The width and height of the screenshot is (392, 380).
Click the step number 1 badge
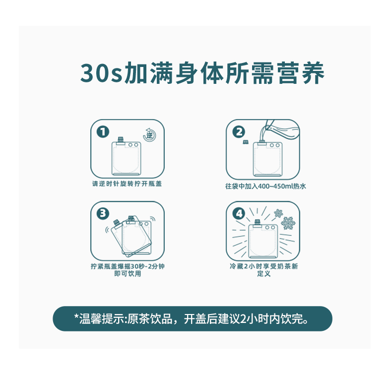(x=103, y=132)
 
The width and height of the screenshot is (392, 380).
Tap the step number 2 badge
(x=239, y=132)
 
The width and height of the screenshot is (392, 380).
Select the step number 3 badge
(x=103, y=213)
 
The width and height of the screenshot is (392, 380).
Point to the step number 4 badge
(x=239, y=213)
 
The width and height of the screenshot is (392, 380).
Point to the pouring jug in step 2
(x=280, y=130)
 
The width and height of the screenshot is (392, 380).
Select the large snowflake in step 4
(x=288, y=223)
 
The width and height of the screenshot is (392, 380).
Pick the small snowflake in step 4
(x=278, y=213)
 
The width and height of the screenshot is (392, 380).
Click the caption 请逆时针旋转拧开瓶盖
(x=127, y=184)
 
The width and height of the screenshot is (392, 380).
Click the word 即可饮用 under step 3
(x=128, y=274)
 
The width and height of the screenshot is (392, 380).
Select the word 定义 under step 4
(x=264, y=274)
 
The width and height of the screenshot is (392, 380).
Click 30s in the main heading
(x=101, y=73)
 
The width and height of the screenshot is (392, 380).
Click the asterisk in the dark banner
(x=76, y=317)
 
